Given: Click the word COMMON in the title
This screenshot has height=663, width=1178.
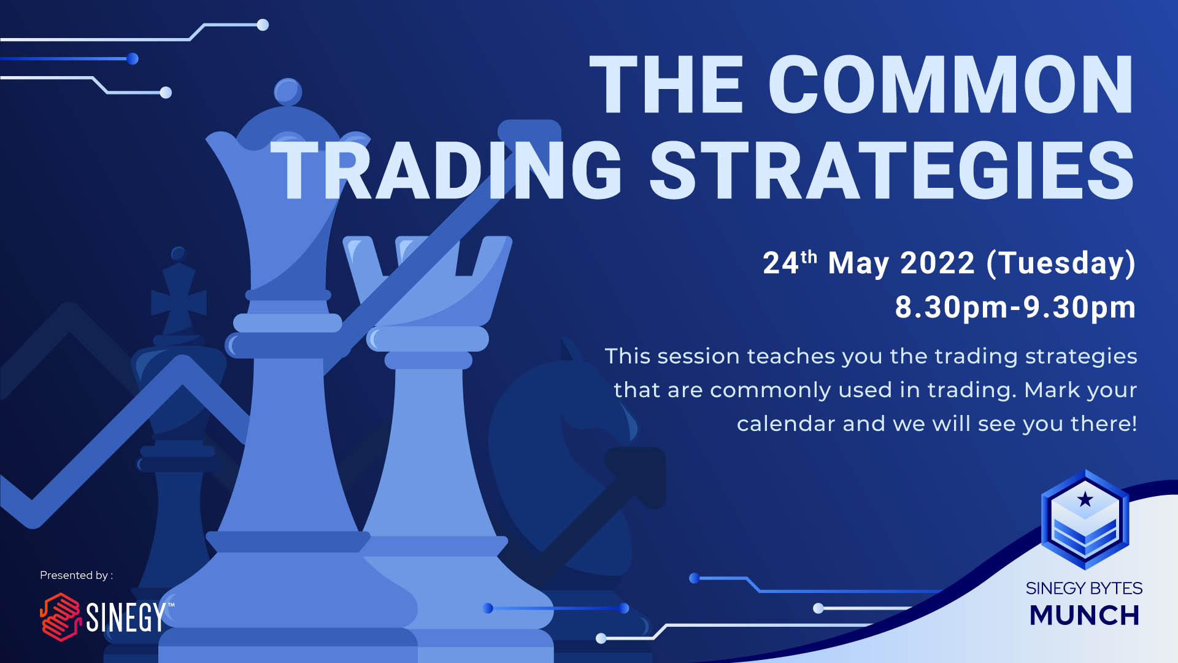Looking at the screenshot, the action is pos(950,85).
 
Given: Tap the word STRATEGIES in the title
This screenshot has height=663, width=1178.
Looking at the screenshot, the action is pos(891,169).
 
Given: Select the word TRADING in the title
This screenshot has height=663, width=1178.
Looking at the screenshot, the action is pos(447,169).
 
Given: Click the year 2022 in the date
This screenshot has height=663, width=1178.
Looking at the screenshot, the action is pos(937,263).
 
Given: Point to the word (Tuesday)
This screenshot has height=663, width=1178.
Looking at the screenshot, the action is pos(1061,264).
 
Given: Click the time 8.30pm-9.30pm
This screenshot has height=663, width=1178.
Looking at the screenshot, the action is pos(1015,307).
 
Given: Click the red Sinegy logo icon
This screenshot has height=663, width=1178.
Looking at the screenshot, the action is pos(60,617).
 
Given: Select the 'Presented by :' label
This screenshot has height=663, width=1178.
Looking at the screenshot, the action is pos(76,575).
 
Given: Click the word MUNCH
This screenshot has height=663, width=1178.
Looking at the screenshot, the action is pos(1084,615).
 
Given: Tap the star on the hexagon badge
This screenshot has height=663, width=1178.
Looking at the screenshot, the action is pos(1085,499).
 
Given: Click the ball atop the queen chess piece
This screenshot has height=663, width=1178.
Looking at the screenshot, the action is pos(287,92).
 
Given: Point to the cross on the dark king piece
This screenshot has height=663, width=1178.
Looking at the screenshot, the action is pos(179,301).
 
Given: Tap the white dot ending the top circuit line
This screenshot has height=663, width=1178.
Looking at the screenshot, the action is pos(263,25).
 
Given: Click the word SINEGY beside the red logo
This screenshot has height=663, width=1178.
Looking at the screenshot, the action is pos(126,617).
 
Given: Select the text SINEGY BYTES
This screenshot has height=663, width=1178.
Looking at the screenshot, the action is pos(1084,588).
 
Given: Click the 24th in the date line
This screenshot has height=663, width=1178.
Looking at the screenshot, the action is pos(790,263).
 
